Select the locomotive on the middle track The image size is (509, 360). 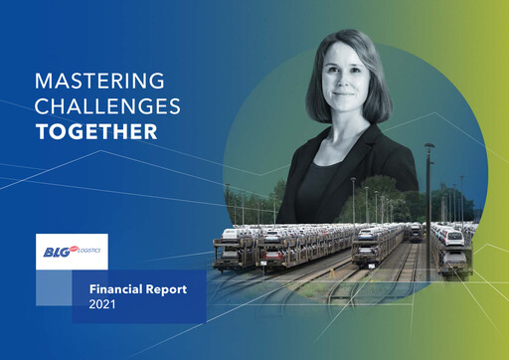pyautogui.click(x=415, y=232)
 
